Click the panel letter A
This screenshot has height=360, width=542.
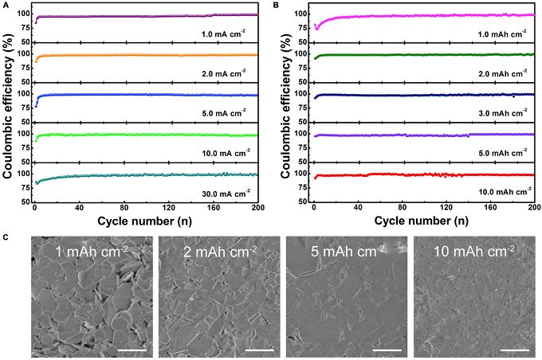[x=6, y=5]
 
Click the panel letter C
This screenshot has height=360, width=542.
[x=6, y=237]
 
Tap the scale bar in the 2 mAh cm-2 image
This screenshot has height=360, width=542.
[x=260, y=346]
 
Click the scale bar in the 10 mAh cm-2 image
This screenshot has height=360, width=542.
[x=514, y=346]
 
